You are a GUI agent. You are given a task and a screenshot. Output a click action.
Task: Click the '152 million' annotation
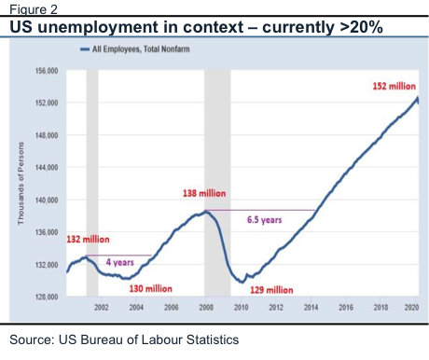[394, 86]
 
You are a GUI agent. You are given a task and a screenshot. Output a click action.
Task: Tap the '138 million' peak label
[204, 193]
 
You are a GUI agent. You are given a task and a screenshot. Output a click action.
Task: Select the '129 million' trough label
[271, 290]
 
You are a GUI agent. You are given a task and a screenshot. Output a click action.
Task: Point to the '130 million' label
[151, 289]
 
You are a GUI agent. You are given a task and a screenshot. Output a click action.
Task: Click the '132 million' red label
[88, 240]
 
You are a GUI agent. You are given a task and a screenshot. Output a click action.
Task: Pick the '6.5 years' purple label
[265, 220]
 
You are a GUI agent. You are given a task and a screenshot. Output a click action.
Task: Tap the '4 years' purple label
[120, 262]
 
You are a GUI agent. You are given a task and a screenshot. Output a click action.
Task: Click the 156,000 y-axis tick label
[47, 71]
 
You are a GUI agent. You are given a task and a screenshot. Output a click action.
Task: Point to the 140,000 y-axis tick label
[47, 200]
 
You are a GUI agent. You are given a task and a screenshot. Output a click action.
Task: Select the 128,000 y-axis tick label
[47, 297]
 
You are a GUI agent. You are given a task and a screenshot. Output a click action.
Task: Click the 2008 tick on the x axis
[206, 308]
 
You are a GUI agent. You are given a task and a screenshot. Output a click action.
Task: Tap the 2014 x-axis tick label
[311, 308]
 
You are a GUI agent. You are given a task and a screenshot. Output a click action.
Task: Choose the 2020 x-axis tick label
[411, 308]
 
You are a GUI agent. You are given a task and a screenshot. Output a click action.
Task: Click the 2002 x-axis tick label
[102, 308]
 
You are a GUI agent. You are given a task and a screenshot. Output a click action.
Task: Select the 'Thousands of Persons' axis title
[21, 184]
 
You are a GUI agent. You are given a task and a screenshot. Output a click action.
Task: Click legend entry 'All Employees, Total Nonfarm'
[135, 49]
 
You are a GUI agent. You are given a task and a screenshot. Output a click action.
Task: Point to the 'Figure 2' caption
[34, 9]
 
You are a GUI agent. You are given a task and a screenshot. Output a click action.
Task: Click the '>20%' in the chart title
[361, 27]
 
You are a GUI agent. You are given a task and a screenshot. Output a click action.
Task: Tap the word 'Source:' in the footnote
[32, 339]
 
